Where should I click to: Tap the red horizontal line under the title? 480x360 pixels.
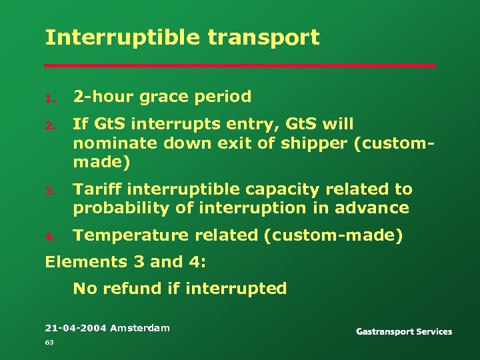click(x=240, y=66)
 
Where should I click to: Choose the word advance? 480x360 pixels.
click(x=377, y=209)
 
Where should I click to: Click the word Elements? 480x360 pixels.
click(x=79, y=262)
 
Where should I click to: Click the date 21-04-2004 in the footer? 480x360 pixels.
click(x=75, y=328)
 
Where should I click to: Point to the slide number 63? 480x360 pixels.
click(x=49, y=343)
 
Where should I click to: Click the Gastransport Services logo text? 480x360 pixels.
click(x=404, y=331)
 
